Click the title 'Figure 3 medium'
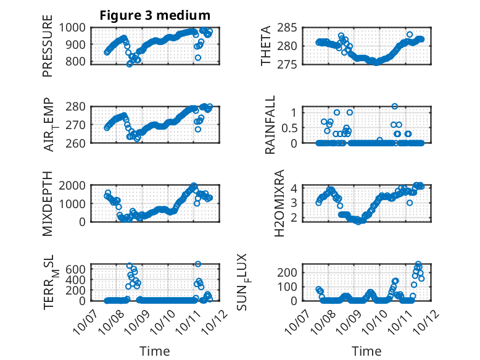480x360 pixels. click(x=155, y=15)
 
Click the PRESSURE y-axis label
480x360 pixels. click(x=48, y=50)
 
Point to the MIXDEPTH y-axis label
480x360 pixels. click(x=48, y=204)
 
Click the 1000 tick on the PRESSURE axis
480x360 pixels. click(x=78, y=28)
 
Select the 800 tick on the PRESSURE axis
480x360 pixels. click(x=81, y=62)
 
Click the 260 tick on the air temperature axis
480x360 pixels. click(x=81, y=143)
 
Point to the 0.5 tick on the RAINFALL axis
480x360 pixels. click(x=292, y=128)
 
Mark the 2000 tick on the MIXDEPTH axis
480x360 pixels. click(x=78, y=186)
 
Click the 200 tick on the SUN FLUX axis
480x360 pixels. click(x=292, y=272)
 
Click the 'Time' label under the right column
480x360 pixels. click(x=366, y=351)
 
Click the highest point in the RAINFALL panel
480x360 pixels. click(x=395, y=106)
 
